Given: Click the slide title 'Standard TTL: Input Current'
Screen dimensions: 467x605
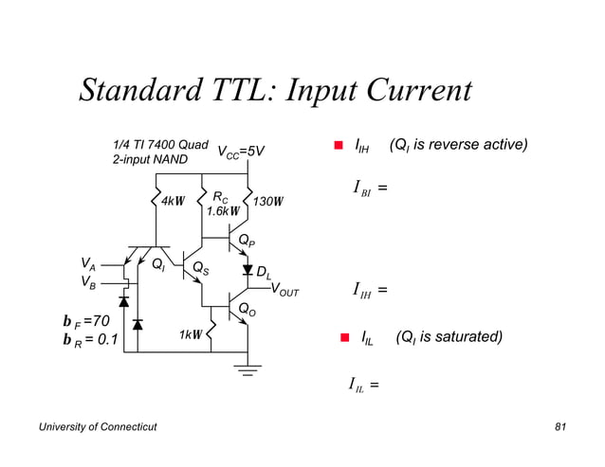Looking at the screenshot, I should pyautogui.click(x=275, y=91).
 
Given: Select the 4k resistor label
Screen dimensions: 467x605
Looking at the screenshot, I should pyautogui.click(x=172, y=201).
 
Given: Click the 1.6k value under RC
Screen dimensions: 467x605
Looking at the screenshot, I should pyautogui.click(x=223, y=211).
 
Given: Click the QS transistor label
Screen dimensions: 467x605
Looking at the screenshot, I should pyautogui.click(x=200, y=268).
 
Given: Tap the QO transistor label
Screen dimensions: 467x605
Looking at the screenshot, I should pyautogui.click(x=246, y=310).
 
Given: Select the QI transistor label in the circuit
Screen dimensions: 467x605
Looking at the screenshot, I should pyautogui.click(x=157, y=263).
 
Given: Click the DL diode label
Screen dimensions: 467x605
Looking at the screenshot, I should pyautogui.click(x=265, y=273).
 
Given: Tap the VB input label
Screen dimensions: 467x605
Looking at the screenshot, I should pyautogui.click(x=87, y=281).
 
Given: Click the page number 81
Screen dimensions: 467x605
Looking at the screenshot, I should pyautogui.click(x=559, y=429).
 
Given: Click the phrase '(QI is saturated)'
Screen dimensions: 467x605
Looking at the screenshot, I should pyautogui.click(x=449, y=335).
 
